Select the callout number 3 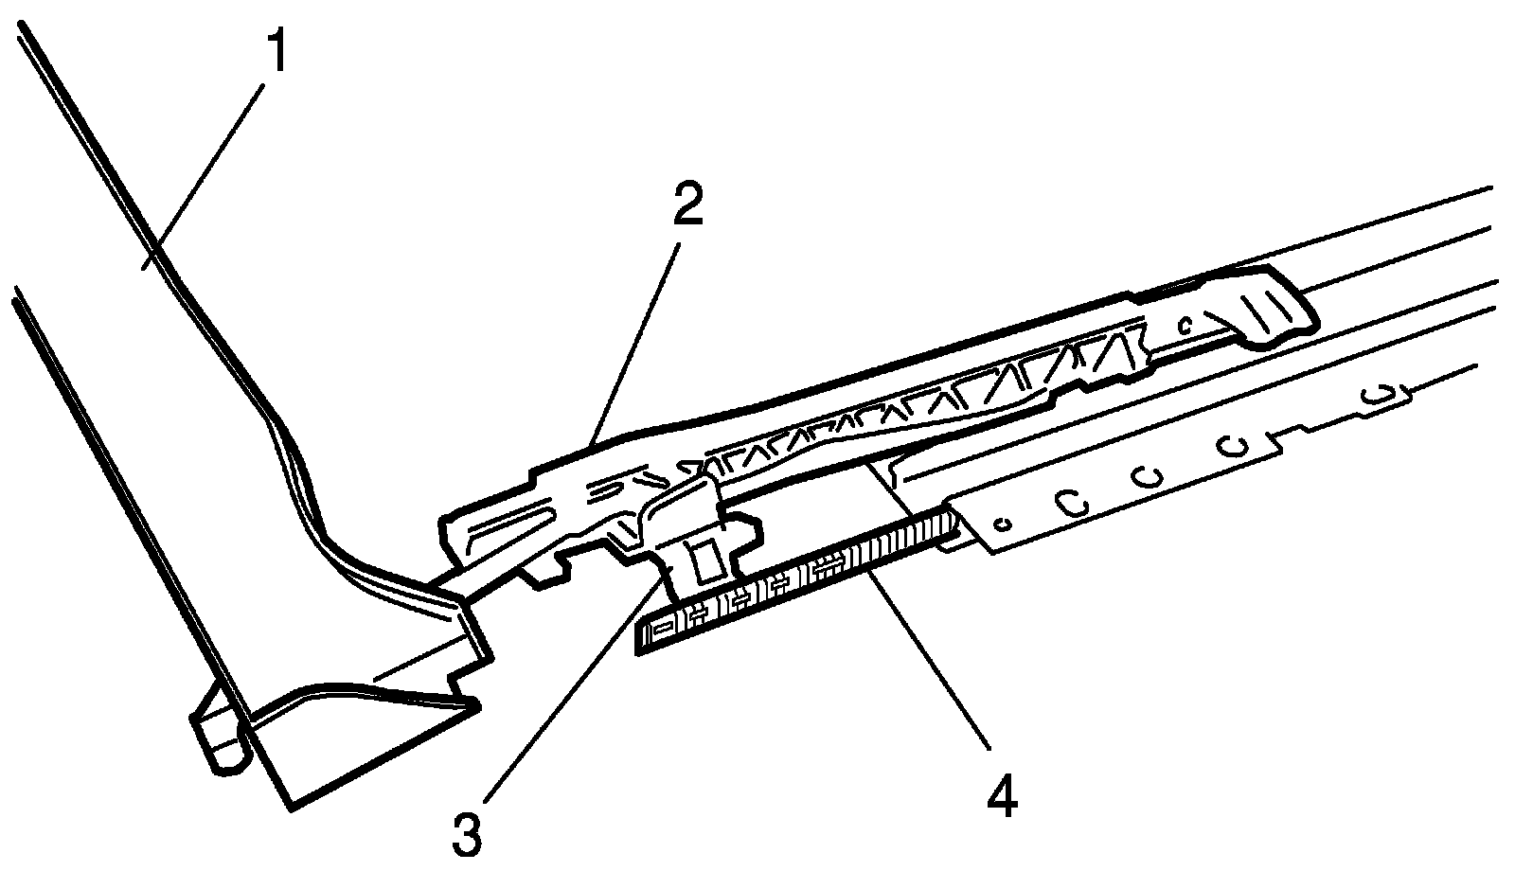467,835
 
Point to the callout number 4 1003,798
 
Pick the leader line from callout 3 568,701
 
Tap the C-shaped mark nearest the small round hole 1073,503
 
